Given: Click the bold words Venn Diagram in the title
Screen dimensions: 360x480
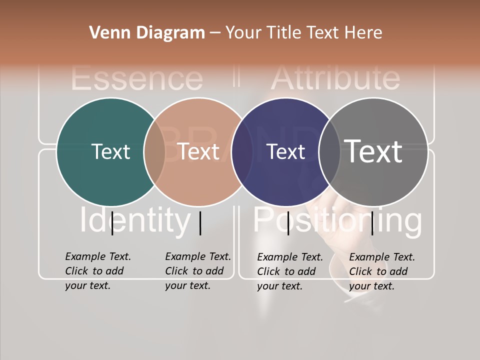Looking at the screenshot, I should [147, 33].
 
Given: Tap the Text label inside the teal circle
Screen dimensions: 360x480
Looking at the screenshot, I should [110, 151].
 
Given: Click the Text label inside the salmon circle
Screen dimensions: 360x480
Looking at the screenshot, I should [198, 151].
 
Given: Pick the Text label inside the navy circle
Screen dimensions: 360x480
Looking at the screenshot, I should [285, 151].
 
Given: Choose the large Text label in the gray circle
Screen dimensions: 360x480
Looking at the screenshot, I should [373, 151].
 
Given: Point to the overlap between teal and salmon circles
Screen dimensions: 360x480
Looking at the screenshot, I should [154, 151].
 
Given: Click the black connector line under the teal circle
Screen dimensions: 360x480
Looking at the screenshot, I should [112, 222].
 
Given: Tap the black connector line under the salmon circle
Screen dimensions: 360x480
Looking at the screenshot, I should [200, 223].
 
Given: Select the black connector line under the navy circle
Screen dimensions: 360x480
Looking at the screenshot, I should [288, 222].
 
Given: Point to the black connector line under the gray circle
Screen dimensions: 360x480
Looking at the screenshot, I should [372, 222].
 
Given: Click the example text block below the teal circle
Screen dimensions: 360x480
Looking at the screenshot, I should [98, 271].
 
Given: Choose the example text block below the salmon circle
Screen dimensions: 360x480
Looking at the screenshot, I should [198, 271].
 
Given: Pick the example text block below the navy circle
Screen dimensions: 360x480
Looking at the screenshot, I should [290, 271].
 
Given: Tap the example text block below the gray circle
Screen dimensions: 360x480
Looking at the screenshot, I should [382, 271].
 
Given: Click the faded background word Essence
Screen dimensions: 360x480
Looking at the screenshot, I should [137, 78].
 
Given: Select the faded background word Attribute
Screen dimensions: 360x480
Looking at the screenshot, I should [335, 78].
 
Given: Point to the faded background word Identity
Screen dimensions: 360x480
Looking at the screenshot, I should [135, 220].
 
